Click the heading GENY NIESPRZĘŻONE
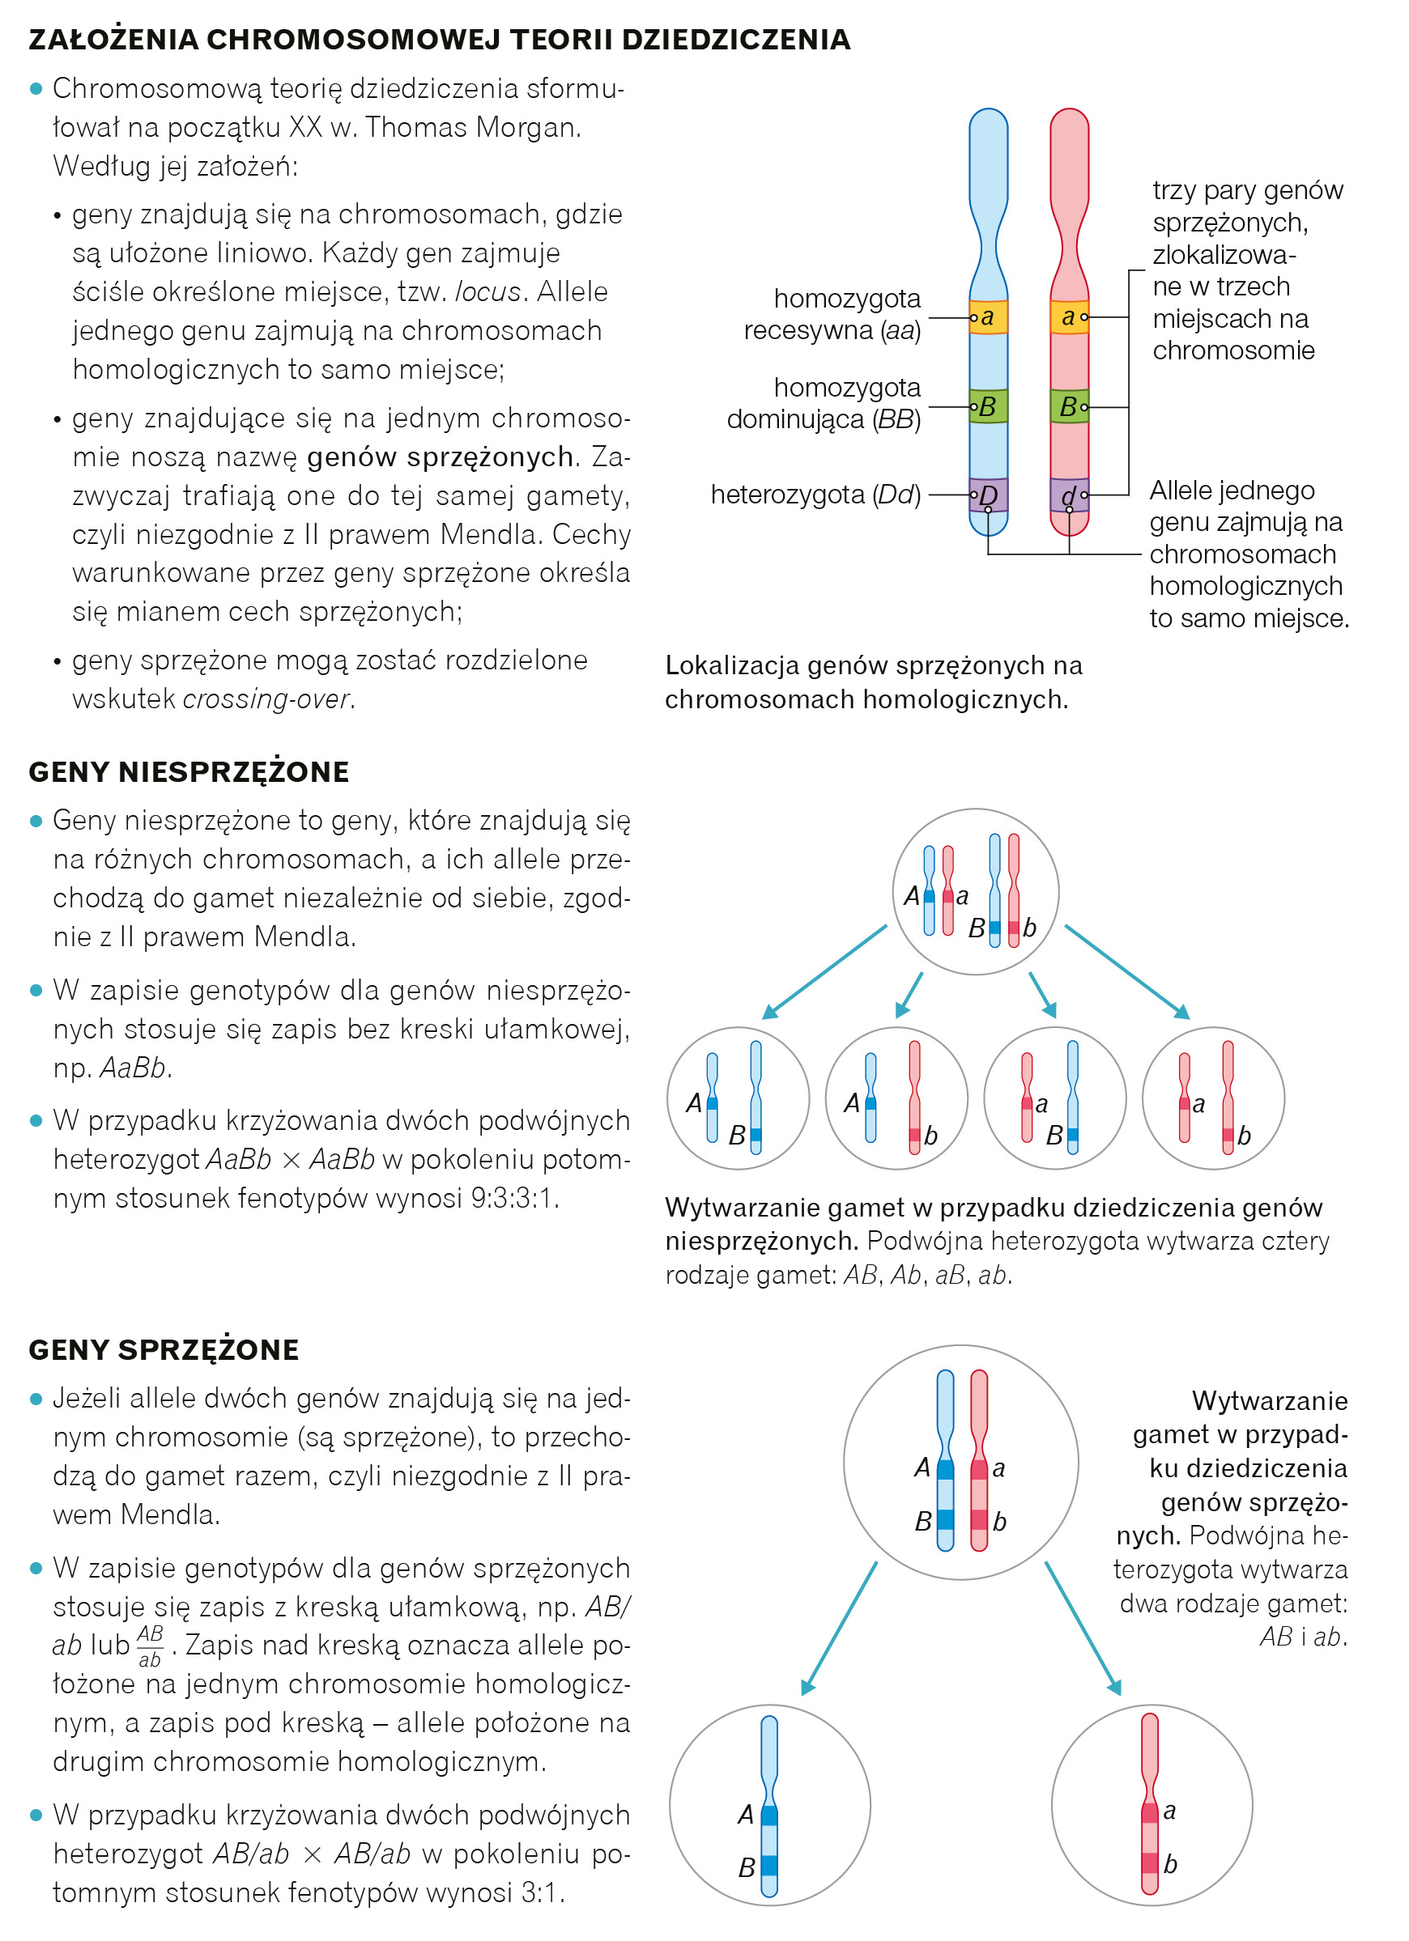[x=189, y=772]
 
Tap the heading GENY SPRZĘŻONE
[x=164, y=1349]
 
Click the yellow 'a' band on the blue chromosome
[x=988, y=316]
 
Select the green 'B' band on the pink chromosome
[x=1069, y=406]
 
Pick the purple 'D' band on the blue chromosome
[x=988, y=495]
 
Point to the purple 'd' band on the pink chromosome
[x=1069, y=495]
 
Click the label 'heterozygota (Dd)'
[x=815, y=495]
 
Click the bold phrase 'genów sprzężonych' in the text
[x=440, y=457]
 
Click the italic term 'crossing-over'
[x=266, y=699]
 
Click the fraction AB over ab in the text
[x=150, y=1646]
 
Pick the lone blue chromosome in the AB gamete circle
[x=769, y=1806]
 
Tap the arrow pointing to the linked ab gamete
[x=1082, y=1629]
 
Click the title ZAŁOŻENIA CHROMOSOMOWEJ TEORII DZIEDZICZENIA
[x=439, y=40]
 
